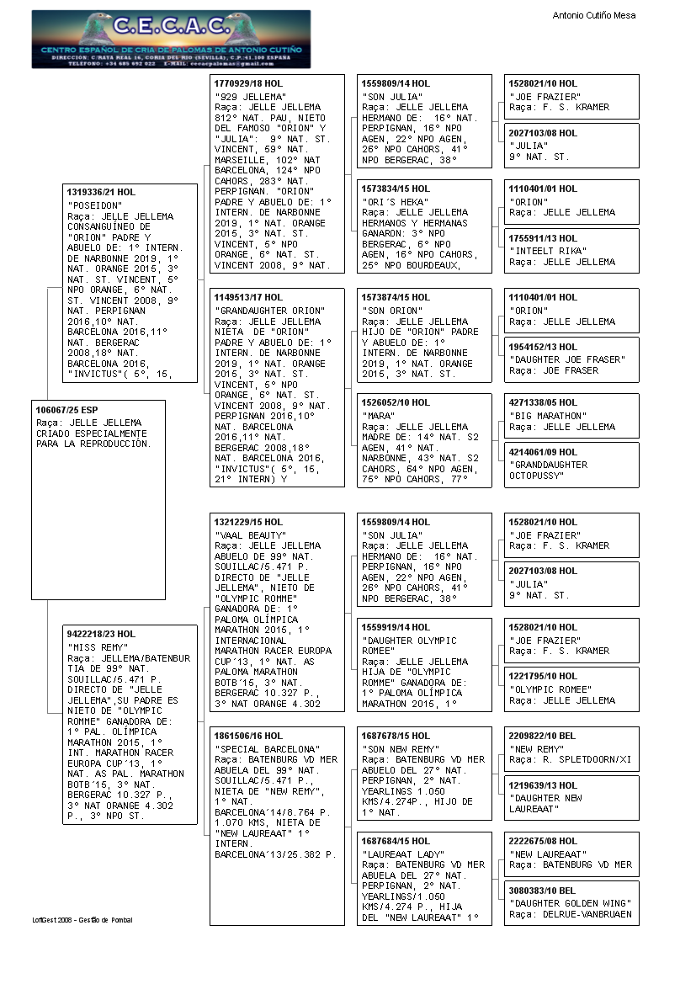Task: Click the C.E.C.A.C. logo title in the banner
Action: click(171, 27)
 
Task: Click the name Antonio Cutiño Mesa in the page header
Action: click(593, 15)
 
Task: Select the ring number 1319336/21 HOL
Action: click(101, 192)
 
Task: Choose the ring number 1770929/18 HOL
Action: click(249, 84)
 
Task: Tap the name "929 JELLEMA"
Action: click(250, 97)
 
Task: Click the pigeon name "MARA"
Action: click(379, 416)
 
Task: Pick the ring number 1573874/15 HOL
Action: click(396, 297)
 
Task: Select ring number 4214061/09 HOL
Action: click(543, 452)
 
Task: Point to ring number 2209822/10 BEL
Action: click(543, 736)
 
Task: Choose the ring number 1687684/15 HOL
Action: click(396, 841)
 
